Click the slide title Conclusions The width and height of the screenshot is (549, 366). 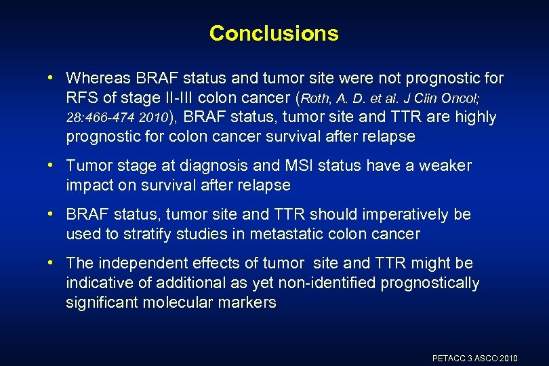click(x=274, y=33)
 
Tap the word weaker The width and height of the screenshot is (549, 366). click(x=445, y=165)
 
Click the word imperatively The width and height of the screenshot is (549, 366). click(x=382, y=214)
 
